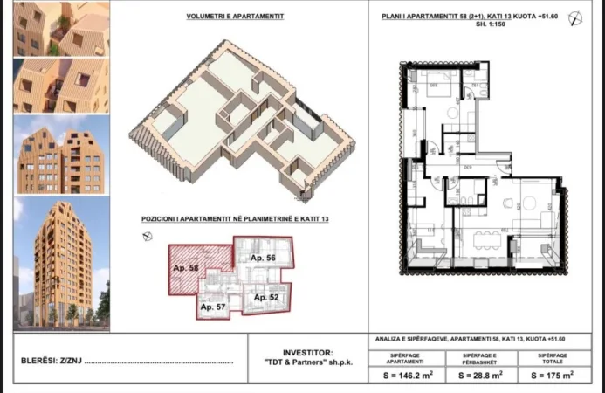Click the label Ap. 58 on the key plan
tap(187, 267)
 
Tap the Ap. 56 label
tap(263, 259)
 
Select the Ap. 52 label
tap(266, 297)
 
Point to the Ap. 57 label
tap(214, 307)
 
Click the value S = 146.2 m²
tap(409, 376)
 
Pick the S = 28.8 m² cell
tap(481, 376)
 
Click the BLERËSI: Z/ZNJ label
tap(50, 360)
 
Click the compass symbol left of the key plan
tap(148, 236)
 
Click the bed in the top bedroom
tap(428, 89)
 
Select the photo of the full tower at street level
tap(61, 262)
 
